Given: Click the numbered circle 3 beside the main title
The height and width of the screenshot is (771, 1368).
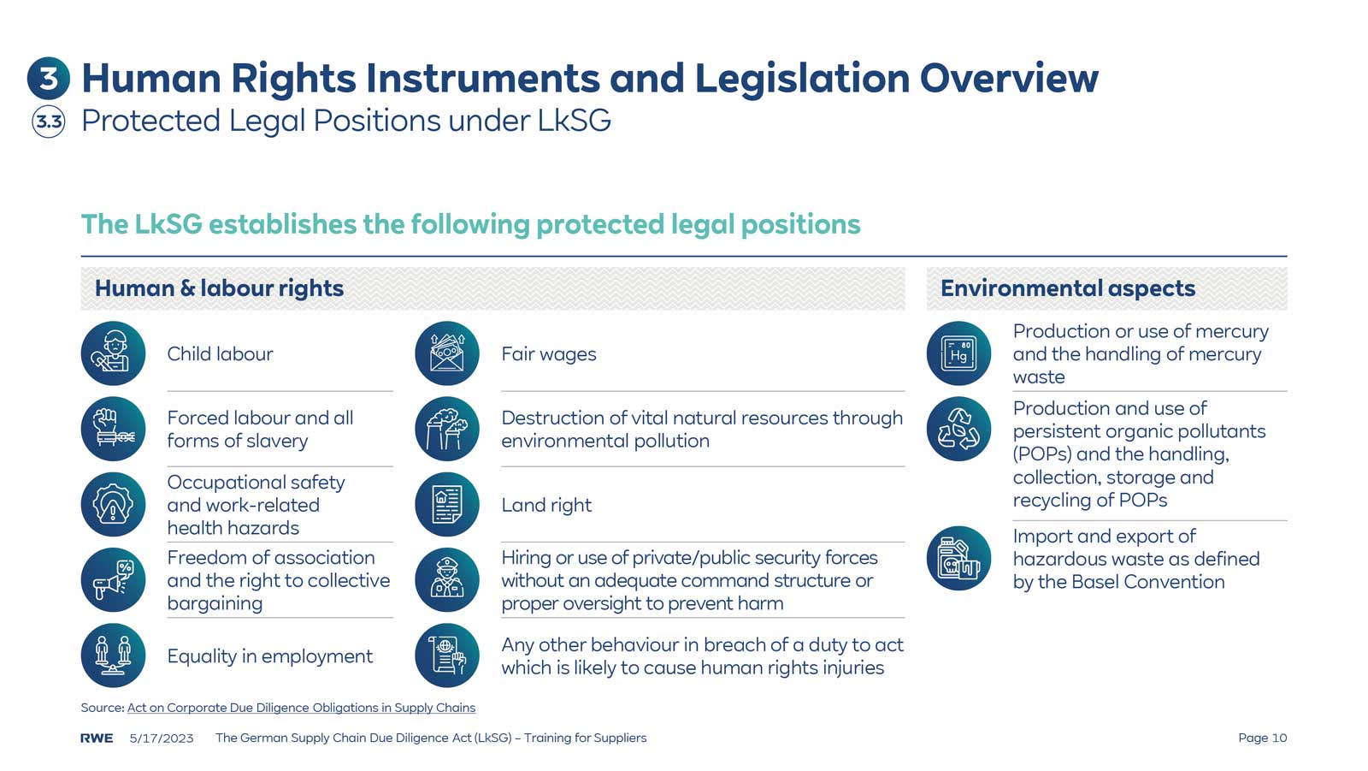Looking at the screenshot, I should (49, 79).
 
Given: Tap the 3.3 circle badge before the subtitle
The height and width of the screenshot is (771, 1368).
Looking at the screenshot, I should (49, 122).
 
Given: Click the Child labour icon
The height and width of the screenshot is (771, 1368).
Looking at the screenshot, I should (113, 353).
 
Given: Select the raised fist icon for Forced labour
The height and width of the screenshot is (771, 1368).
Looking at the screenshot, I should (113, 429).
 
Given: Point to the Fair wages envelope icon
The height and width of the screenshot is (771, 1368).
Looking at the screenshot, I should (447, 353).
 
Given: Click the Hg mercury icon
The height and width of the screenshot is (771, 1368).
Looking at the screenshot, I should (958, 353).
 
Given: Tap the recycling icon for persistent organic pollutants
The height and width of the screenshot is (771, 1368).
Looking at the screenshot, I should (958, 429).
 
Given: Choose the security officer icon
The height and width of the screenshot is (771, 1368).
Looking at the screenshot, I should (447, 580).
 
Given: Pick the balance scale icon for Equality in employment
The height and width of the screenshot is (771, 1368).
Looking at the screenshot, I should (113, 655).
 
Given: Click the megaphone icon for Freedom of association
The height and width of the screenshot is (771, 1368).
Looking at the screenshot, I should (113, 580).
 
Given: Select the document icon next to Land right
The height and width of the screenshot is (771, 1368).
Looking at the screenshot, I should (447, 505).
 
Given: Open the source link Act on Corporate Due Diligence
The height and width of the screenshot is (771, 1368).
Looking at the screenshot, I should (301, 708).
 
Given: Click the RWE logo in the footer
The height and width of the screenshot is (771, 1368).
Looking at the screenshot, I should (97, 738).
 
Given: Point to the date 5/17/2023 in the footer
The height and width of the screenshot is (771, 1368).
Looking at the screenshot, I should (162, 738).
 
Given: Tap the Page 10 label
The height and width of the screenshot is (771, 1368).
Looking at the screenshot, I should (1262, 738).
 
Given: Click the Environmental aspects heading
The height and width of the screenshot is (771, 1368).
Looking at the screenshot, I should (1068, 288).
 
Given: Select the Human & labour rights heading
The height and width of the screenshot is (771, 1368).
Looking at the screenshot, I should (219, 288).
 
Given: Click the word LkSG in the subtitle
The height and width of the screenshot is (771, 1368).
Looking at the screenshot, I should (574, 121).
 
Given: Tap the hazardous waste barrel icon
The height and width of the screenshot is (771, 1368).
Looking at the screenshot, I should (958, 558).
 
